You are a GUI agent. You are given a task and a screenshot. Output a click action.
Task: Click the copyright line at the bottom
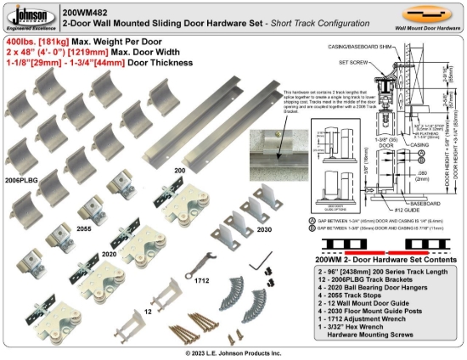(x=233, y=352)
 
